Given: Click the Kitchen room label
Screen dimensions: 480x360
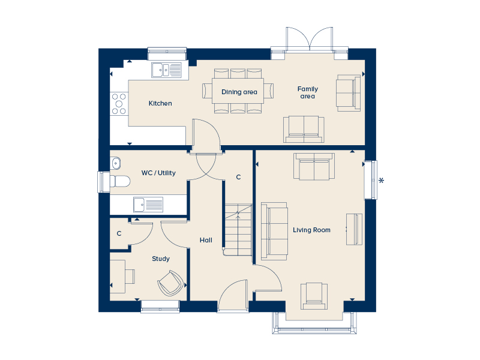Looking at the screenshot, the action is (x=160, y=103).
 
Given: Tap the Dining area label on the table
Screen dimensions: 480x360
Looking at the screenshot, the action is (x=239, y=92).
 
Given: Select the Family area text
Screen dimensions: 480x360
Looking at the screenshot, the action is (x=308, y=92).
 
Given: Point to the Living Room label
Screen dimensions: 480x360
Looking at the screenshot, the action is (x=311, y=230).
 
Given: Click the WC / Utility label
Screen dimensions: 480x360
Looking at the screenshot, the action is (x=158, y=173).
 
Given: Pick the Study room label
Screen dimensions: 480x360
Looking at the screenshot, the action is (x=161, y=259).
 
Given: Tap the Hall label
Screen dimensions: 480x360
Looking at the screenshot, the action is (x=206, y=241).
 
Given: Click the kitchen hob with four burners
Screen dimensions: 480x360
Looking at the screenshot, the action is (x=119, y=104).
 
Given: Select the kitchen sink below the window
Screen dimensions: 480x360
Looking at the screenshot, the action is (x=166, y=70).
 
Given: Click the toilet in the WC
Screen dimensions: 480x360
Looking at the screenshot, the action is (x=120, y=181).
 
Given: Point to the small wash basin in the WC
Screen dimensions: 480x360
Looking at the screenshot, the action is (x=116, y=163).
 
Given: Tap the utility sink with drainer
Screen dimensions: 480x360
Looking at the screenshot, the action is (x=148, y=205).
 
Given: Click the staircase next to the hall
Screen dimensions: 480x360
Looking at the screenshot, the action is (x=238, y=230).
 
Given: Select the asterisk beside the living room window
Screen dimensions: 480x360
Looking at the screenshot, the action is (x=381, y=181).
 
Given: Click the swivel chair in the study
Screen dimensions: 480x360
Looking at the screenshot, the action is (x=170, y=283).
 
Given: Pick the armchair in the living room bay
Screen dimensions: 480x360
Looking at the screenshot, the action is (x=314, y=296).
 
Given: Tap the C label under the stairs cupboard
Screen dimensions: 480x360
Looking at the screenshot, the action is (x=238, y=177).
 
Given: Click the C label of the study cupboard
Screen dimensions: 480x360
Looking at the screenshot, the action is (x=119, y=233).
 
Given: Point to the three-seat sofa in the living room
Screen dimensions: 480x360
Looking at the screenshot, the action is (x=274, y=231).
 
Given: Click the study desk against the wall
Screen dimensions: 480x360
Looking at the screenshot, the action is (x=118, y=277).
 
